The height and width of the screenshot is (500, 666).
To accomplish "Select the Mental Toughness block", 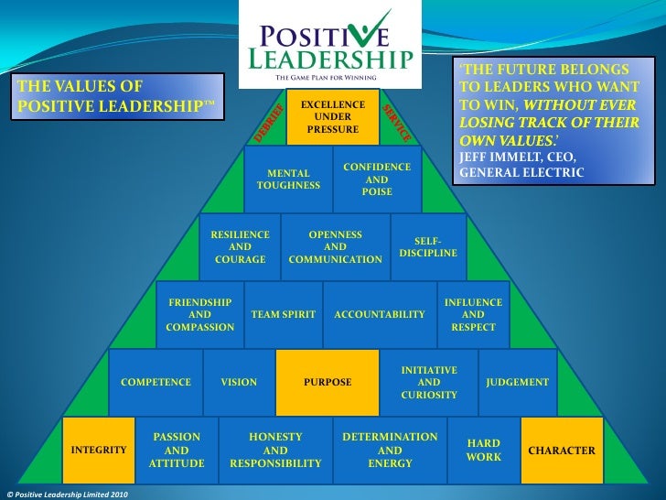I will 288,179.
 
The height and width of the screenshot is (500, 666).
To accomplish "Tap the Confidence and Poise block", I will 377,179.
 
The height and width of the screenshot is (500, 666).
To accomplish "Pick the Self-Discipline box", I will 428,246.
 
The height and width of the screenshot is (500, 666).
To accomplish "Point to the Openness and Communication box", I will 335,246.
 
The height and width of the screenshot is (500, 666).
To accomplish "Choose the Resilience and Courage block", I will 240,246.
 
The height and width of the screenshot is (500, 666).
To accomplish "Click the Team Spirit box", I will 283,314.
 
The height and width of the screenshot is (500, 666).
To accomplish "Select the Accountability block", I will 380,314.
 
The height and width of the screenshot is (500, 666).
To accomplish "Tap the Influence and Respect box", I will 473,314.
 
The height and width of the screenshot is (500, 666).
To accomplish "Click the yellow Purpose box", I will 328,382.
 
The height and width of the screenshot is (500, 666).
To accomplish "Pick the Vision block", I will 239,382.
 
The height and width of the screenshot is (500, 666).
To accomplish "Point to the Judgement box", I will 517,382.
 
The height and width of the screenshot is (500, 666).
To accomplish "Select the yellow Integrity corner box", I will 99,451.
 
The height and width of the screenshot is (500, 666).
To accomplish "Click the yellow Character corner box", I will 562,451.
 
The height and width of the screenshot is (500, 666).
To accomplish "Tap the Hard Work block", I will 483,450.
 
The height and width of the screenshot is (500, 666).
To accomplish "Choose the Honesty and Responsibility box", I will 275,451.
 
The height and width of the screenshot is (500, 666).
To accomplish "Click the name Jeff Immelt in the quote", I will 498,157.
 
